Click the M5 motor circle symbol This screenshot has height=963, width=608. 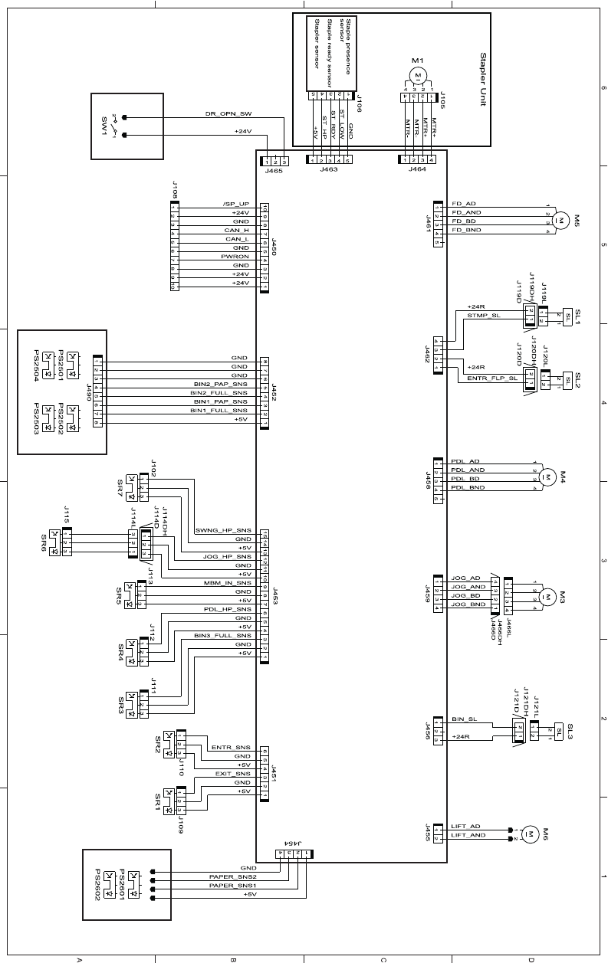(x=560, y=220)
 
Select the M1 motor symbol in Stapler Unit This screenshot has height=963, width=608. (x=417, y=74)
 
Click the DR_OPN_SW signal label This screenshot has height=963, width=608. (x=228, y=113)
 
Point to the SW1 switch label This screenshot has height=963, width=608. (x=104, y=126)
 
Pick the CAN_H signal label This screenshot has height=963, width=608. (x=236, y=230)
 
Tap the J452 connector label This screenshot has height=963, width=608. (x=274, y=393)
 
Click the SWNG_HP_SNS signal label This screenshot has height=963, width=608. (x=223, y=530)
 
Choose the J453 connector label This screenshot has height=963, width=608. (x=274, y=596)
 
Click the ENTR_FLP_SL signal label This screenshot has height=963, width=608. (x=491, y=378)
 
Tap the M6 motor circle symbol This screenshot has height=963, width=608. (x=529, y=833)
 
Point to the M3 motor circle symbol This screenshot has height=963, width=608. (x=547, y=595)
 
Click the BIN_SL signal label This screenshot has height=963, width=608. (x=465, y=719)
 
